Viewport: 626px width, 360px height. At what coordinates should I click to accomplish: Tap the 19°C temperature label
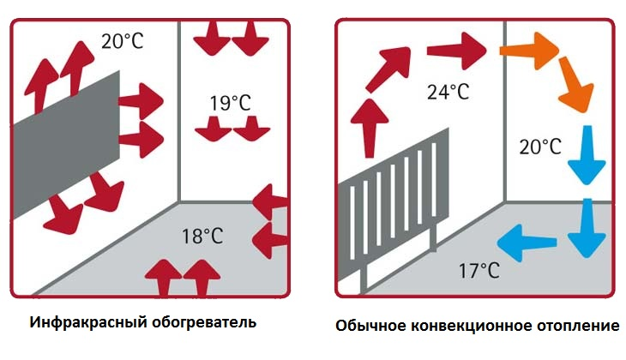coord(229,104)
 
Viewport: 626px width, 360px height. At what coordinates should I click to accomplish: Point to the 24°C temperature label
coord(448,91)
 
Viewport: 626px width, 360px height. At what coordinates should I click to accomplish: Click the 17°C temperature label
coord(478,271)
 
